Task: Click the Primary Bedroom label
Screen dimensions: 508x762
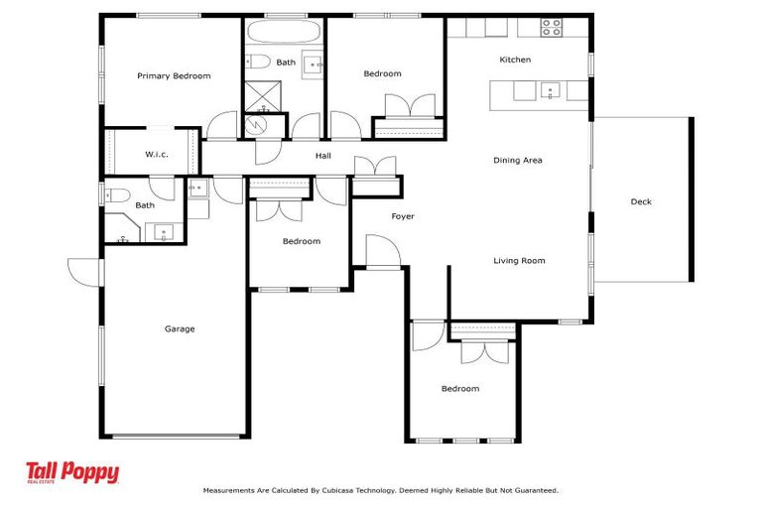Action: coord(174,75)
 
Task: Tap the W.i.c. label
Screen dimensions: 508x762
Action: coord(156,154)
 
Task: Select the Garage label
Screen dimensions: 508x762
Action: coord(180,328)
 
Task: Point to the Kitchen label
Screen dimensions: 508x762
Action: coord(515,60)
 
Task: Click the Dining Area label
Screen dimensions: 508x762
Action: coord(518,160)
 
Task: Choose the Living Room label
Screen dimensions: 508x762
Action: coord(520,261)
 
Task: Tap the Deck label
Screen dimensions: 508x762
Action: coord(641,201)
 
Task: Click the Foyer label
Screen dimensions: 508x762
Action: coord(402,216)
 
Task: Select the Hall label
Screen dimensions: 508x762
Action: coord(323,156)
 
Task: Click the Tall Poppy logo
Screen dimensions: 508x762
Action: coord(72,473)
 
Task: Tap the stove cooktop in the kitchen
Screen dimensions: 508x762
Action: coord(552,27)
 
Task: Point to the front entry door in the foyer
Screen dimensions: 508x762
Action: coord(381,252)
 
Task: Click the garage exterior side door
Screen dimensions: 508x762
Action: coord(83,269)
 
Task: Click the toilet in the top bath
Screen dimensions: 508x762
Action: coord(258,62)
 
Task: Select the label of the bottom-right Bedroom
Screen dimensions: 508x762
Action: coord(460,389)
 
